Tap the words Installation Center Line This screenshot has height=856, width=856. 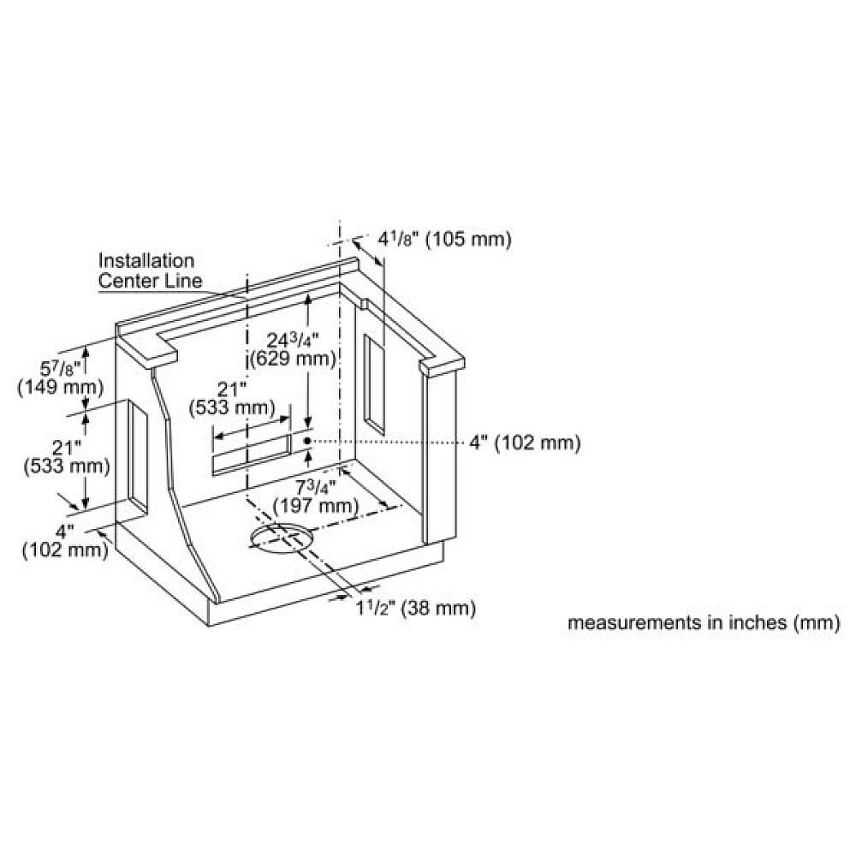point(150,270)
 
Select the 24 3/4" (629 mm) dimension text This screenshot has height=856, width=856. point(292,349)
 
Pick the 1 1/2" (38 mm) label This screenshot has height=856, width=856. point(416,608)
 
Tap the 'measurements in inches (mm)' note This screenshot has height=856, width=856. point(704,622)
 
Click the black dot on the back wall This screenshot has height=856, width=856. point(307,440)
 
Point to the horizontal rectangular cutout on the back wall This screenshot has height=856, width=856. point(252,455)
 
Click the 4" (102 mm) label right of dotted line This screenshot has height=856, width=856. point(525,443)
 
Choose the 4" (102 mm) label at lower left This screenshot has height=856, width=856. point(65,540)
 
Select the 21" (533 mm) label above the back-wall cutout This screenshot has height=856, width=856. point(232,399)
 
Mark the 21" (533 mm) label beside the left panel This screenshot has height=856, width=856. point(67,457)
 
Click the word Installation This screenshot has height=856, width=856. point(146,260)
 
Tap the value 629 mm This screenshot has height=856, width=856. point(292,360)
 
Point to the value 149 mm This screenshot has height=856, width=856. point(61,388)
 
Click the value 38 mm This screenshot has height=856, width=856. point(438,608)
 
